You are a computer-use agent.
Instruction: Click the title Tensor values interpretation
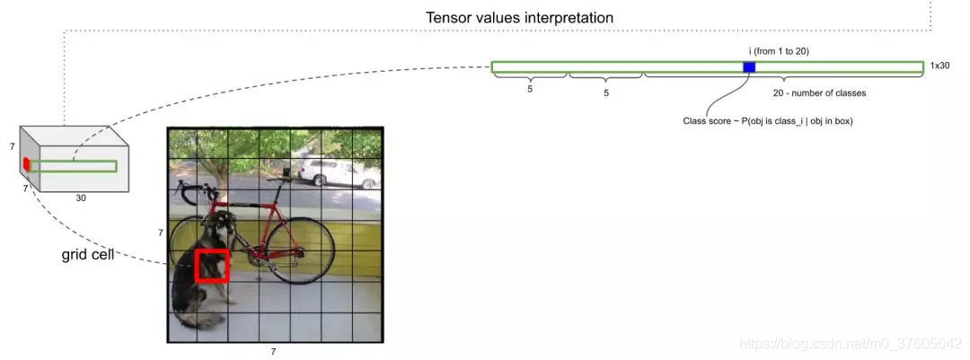tap(519, 17)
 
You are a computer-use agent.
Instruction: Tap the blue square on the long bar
tap(749, 67)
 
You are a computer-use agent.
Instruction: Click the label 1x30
tap(939, 66)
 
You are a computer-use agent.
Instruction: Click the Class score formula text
tap(767, 120)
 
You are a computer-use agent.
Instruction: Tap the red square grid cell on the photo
tap(213, 266)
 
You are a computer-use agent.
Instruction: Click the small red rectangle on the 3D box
tap(27, 164)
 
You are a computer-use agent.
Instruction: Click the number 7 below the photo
tap(273, 351)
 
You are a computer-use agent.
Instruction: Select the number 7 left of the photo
tap(161, 233)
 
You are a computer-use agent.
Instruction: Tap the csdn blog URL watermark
tap(849, 345)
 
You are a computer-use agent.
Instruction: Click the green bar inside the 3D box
tap(73, 166)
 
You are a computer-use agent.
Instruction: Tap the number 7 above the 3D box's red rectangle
tap(13, 145)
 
